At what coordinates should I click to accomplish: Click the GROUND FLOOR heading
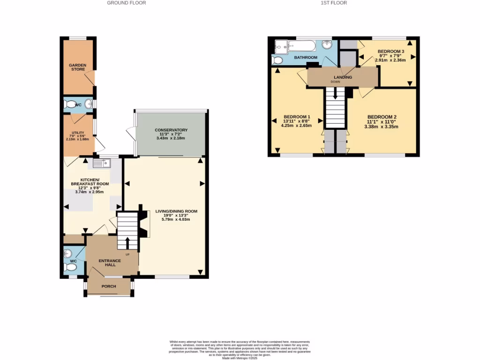point(127,3)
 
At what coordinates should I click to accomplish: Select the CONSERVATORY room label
point(171,130)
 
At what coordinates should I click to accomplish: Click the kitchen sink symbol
point(101,163)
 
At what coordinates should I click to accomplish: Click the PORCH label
point(109,286)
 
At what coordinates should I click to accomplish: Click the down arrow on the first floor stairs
point(335,92)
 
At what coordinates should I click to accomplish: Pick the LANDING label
point(343,77)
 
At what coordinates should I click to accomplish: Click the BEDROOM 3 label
point(391,51)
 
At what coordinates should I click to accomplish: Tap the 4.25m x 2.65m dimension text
point(296,125)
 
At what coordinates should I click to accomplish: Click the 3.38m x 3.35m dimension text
point(382,126)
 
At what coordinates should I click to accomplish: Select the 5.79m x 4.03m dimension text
point(176,220)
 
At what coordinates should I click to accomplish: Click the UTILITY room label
point(77,133)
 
